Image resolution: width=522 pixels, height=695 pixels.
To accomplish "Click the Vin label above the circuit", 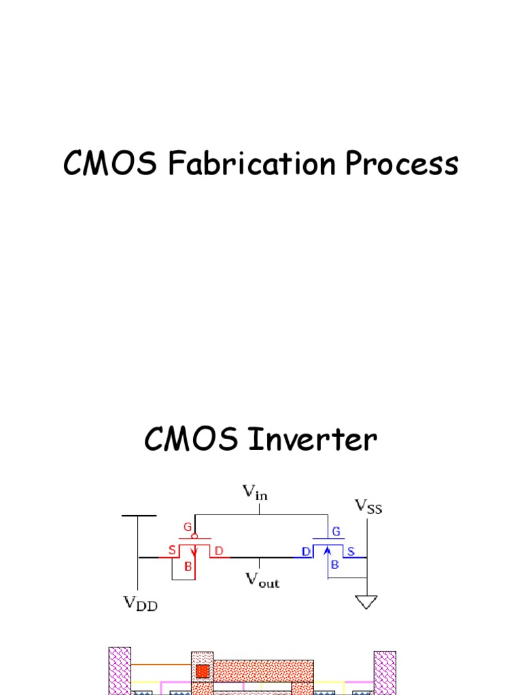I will (255, 492).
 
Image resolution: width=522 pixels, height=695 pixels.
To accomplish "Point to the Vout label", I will (262, 580).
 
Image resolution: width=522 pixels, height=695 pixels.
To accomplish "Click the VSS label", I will (368, 506).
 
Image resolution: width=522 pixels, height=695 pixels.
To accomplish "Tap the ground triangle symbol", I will (366, 602).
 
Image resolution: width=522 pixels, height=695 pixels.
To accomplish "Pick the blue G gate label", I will (336, 531).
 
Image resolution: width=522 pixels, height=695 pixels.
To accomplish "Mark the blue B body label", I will (335, 563).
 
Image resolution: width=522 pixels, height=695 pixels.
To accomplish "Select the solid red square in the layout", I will (202, 672).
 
